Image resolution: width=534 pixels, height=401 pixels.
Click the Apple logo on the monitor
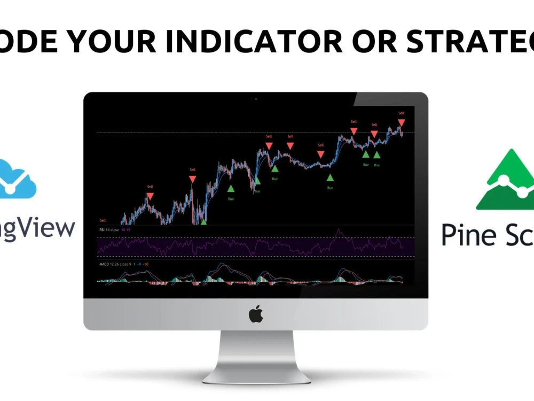coord(256,314)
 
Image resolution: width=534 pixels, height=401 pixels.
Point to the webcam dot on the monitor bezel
coord(256,98)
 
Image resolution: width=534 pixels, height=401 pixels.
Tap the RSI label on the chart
coord(102,230)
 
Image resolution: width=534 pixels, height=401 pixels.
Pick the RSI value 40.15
coord(126,230)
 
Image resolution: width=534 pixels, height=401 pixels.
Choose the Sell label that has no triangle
coord(103,220)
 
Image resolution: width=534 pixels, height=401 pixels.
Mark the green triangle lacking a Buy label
coord(203,221)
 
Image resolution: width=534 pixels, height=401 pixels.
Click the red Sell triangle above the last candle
coord(401,123)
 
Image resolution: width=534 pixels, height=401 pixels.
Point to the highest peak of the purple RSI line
coord(337,231)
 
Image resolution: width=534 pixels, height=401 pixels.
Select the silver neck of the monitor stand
coord(256,350)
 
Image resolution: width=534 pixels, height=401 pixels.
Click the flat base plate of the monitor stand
coord(256,376)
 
